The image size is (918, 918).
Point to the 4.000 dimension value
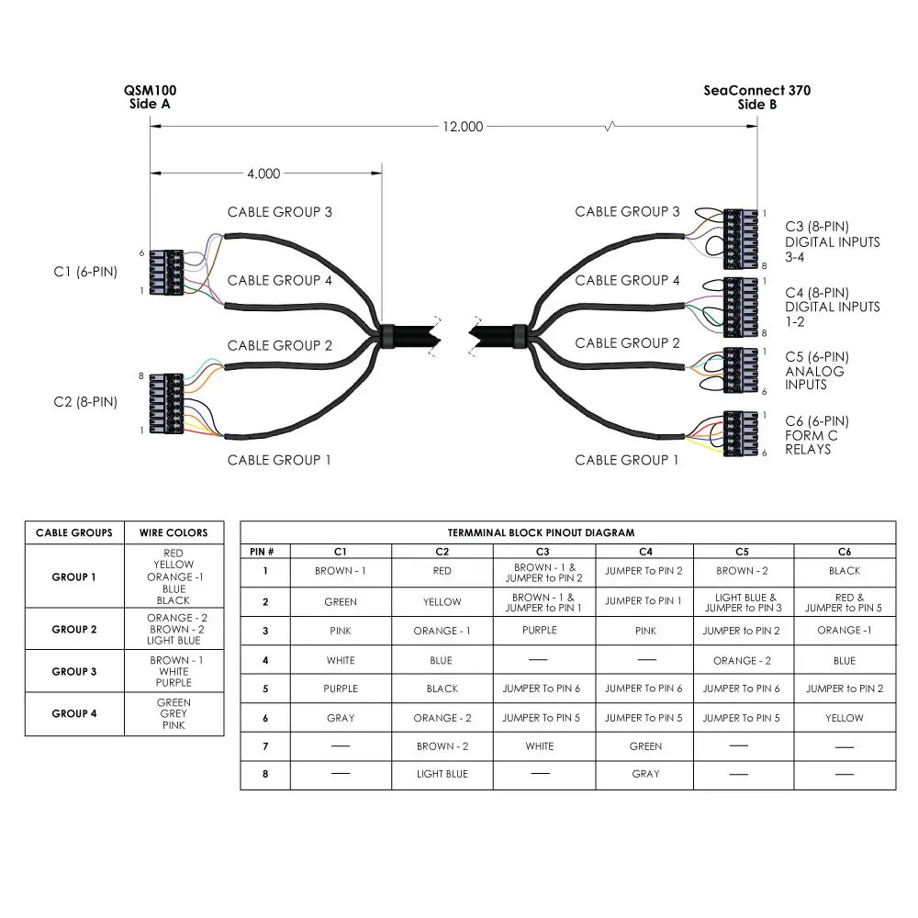tap(263, 174)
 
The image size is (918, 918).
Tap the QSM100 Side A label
tap(151, 97)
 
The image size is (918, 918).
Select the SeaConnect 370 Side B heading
tap(757, 97)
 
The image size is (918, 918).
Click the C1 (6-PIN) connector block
tap(165, 272)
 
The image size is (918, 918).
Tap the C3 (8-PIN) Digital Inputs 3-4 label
tap(832, 241)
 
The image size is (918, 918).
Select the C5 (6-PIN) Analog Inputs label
tap(816, 371)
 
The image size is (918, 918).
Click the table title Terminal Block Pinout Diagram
tap(566, 532)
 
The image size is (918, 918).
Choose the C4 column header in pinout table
tap(644, 552)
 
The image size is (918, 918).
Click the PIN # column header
tap(264, 552)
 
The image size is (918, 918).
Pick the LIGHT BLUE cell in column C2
tap(442, 775)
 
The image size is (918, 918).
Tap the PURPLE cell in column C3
tap(540, 631)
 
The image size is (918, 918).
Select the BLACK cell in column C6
tap(844, 571)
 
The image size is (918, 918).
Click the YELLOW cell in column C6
tap(844, 718)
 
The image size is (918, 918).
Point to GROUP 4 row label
tap(74, 713)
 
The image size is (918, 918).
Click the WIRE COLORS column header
tap(174, 532)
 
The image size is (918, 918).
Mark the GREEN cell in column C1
tap(341, 602)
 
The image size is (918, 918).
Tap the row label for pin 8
tap(264, 775)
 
